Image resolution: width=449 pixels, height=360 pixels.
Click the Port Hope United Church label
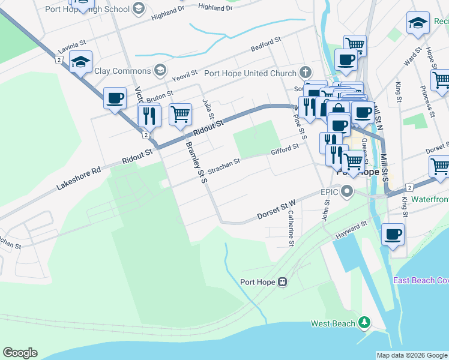point(251,74)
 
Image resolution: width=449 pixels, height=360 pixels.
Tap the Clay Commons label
point(122,71)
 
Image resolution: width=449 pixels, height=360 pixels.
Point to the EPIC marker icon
point(347,192)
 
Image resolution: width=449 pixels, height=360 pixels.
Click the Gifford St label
point(285,150)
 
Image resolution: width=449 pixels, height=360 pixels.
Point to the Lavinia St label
point(72,47)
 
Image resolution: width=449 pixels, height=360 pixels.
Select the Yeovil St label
point(184,76)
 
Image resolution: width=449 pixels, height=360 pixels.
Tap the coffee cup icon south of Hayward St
point(393,234)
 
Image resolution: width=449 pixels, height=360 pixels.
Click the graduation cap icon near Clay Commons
point(80,62)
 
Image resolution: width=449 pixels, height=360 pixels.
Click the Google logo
point(20,353)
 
